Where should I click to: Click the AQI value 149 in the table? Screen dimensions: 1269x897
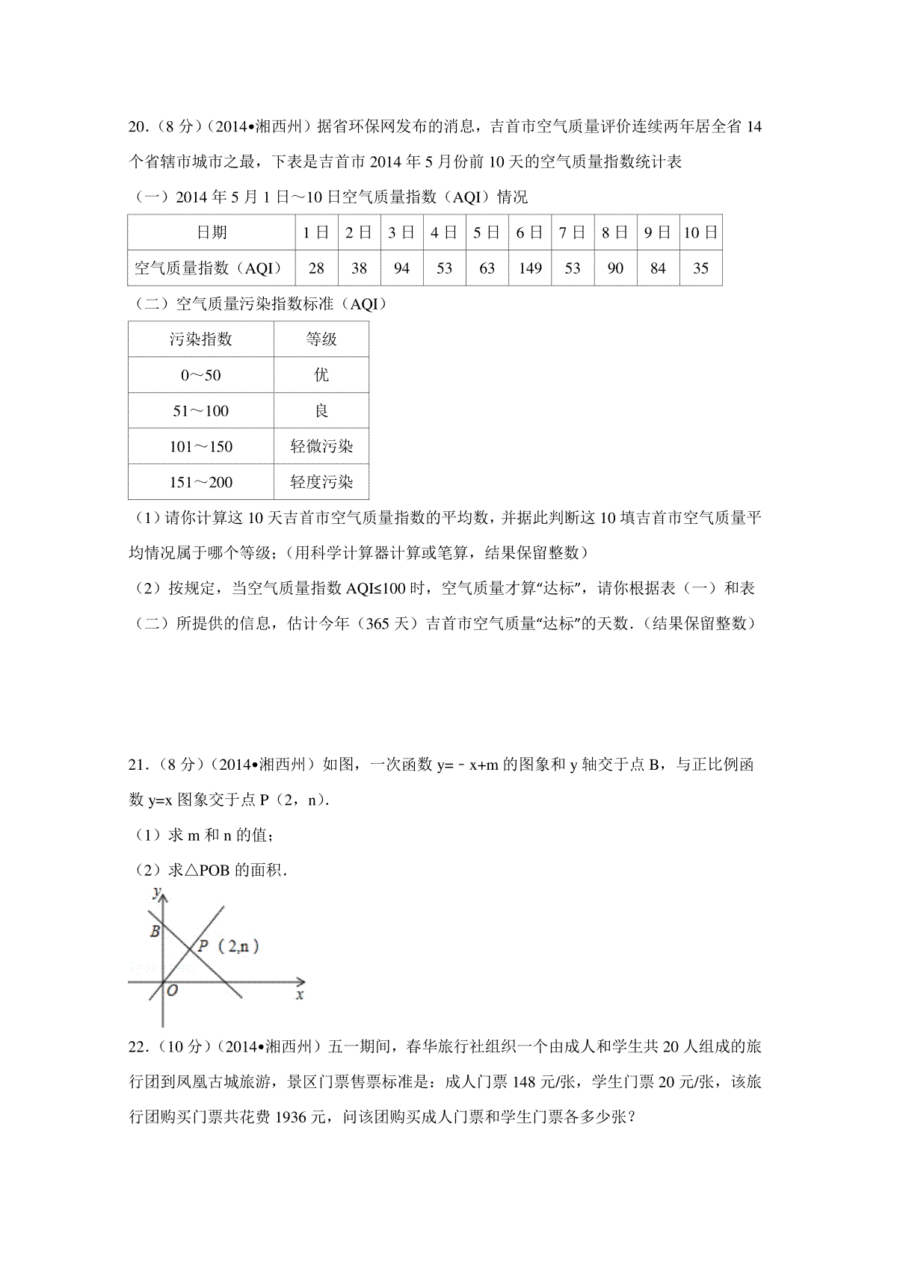[530, 268]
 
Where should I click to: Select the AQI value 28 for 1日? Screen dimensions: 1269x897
[316, 268]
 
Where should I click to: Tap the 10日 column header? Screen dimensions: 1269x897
[700, 232]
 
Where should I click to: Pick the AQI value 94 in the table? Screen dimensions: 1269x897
[401, 268]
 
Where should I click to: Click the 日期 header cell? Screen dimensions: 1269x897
[212, 232]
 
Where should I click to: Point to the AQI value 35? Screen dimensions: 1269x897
[700, 268]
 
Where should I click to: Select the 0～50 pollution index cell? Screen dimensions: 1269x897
[201, 375]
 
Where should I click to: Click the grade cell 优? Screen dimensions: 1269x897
[321, 375]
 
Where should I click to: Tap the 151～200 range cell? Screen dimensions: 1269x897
[201, 482]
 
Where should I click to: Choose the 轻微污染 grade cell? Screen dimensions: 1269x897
[321, 447]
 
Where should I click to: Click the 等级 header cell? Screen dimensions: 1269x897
[321, 339]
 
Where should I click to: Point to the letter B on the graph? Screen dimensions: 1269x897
[155, 931]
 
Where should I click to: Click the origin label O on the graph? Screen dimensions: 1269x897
[173, 991]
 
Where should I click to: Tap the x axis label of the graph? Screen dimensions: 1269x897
[300, 995]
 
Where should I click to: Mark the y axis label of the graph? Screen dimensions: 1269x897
[156, 892]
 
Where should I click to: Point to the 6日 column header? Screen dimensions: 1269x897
[530, 232]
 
